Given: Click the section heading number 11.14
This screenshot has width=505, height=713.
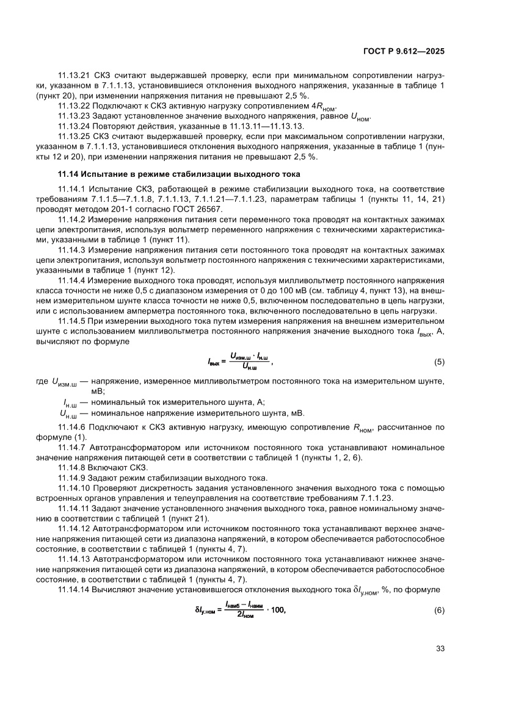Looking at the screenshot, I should [69, 174].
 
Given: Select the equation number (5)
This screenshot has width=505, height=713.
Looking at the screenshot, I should [439, 362].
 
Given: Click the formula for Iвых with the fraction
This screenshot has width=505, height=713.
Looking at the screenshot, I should [239, 361].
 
